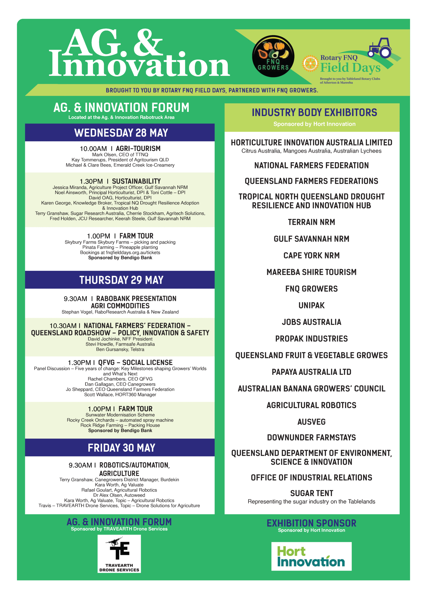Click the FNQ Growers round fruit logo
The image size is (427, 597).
click(x=273, y=56)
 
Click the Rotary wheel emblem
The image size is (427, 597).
click(x=310, y=63)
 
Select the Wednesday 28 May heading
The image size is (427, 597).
click(x=121, y=133)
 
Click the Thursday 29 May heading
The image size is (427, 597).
click(x=121, y=280)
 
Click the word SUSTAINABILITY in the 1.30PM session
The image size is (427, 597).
click(x=136, y=181)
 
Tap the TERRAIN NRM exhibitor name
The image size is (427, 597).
click(x=311, y=222)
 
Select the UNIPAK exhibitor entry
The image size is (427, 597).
click(x=311, y=305)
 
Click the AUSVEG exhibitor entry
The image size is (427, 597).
click(x=311, y=422)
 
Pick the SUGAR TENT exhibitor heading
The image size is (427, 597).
click(x=312, y=493)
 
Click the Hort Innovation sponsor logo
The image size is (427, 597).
click(x=311, y=556)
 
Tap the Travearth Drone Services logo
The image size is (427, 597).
click(x=119, y=554)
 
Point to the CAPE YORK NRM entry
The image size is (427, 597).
click(x=311, y=255)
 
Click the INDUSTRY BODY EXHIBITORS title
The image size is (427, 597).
click(x=314, y=113)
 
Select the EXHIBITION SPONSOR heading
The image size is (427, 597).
click(x=311, y=523)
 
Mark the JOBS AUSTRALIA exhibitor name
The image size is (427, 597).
click(x=311, y=322)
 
